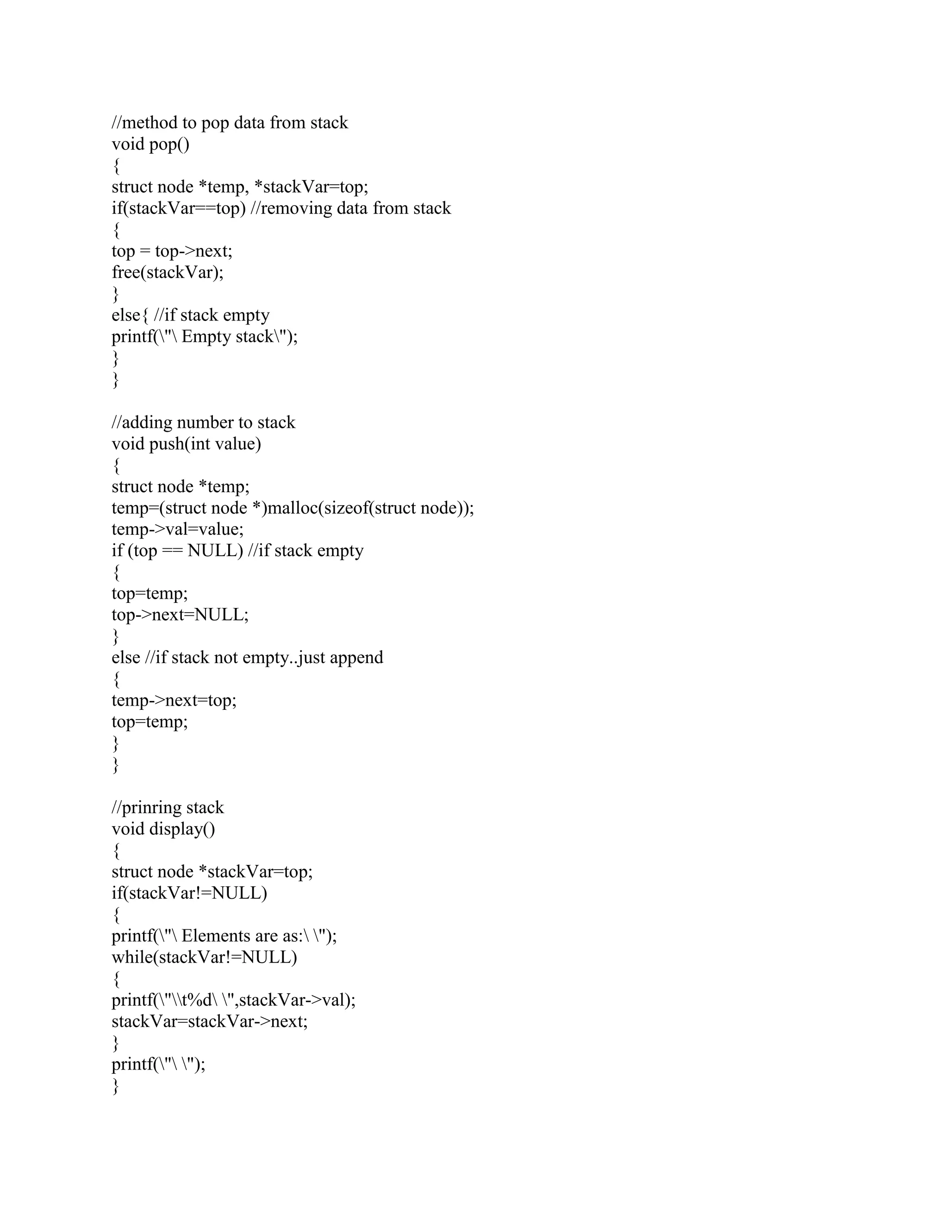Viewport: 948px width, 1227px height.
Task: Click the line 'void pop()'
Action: coord(150,144)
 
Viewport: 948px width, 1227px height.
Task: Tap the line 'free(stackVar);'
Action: coord(168,272)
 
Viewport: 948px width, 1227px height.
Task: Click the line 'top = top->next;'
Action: coord(172,251)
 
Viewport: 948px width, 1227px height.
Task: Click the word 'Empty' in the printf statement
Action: coord(206,337)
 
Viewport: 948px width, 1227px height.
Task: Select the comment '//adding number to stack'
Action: coord(203,422)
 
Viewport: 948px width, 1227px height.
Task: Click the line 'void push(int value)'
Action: coord(187,444)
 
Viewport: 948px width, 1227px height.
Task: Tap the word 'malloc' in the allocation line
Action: coord(292,508)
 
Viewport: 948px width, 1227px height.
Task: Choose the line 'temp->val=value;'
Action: coord(177,529)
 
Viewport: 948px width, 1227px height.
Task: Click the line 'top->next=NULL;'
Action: coord(180,614)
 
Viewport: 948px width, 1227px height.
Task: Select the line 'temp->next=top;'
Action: coord(174,701)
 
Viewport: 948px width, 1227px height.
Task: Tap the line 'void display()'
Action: coord(163,829)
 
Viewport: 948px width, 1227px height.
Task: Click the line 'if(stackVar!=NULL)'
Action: coord(189,893)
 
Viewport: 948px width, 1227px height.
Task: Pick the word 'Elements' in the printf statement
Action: coord(216,936)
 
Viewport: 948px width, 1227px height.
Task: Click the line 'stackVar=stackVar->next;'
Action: coord(210,1021)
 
